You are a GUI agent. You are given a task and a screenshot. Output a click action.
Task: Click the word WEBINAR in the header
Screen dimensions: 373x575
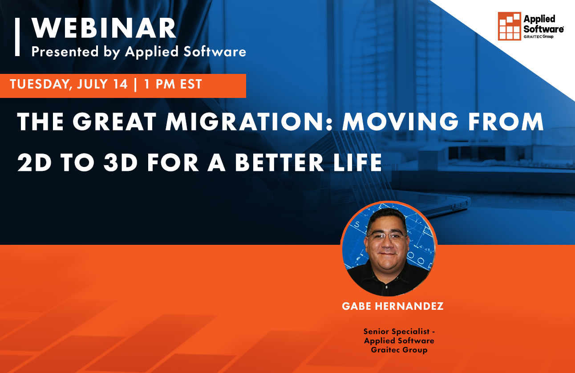[x=104, y=29]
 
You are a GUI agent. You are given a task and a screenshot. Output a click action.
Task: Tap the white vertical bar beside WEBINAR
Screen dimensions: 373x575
[x=17, y=37]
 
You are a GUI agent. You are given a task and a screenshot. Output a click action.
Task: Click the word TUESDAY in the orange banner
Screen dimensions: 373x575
[x=38, y=84]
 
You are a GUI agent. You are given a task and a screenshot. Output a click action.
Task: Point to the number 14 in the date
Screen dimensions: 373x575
[x=120, y=84]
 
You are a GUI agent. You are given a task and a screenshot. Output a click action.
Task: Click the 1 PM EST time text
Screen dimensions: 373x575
[x=173, y=84]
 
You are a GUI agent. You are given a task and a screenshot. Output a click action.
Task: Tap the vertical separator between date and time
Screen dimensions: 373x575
[x=135, y=84]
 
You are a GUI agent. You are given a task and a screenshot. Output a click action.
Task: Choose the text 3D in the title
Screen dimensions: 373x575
[x=120, y=163]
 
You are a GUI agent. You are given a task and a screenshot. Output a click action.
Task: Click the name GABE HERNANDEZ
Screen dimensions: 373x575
[x=393, y=307]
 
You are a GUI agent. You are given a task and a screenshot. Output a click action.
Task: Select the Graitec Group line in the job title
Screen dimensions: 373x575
[x=399, y=350]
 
